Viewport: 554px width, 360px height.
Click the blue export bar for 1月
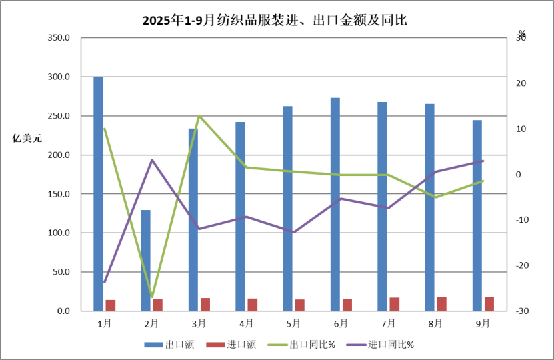click(x=98, y=193)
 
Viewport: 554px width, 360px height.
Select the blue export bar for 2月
click(x=145, y=260)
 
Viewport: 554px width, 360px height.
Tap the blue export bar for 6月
click(x=335, y=204)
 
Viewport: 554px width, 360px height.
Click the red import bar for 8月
click(x=442, y=304)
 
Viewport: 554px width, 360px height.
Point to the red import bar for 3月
click(x=205, y=305)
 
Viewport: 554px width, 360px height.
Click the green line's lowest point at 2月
click(x=152, y=297)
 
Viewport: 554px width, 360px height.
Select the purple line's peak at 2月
click(x=152, y=160)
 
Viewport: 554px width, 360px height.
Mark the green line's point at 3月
click(x=199, y=116)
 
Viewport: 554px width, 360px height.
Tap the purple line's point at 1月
click(x=105, y=282)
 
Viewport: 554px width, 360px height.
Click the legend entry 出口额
click(x=169, y=345)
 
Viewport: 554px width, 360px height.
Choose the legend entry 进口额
click(x=231, y=345)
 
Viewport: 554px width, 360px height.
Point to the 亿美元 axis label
click(x=27, y=139)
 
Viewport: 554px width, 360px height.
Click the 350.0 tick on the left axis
click(x=59, y=38)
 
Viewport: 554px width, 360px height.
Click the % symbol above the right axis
click(x=522, y=33)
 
